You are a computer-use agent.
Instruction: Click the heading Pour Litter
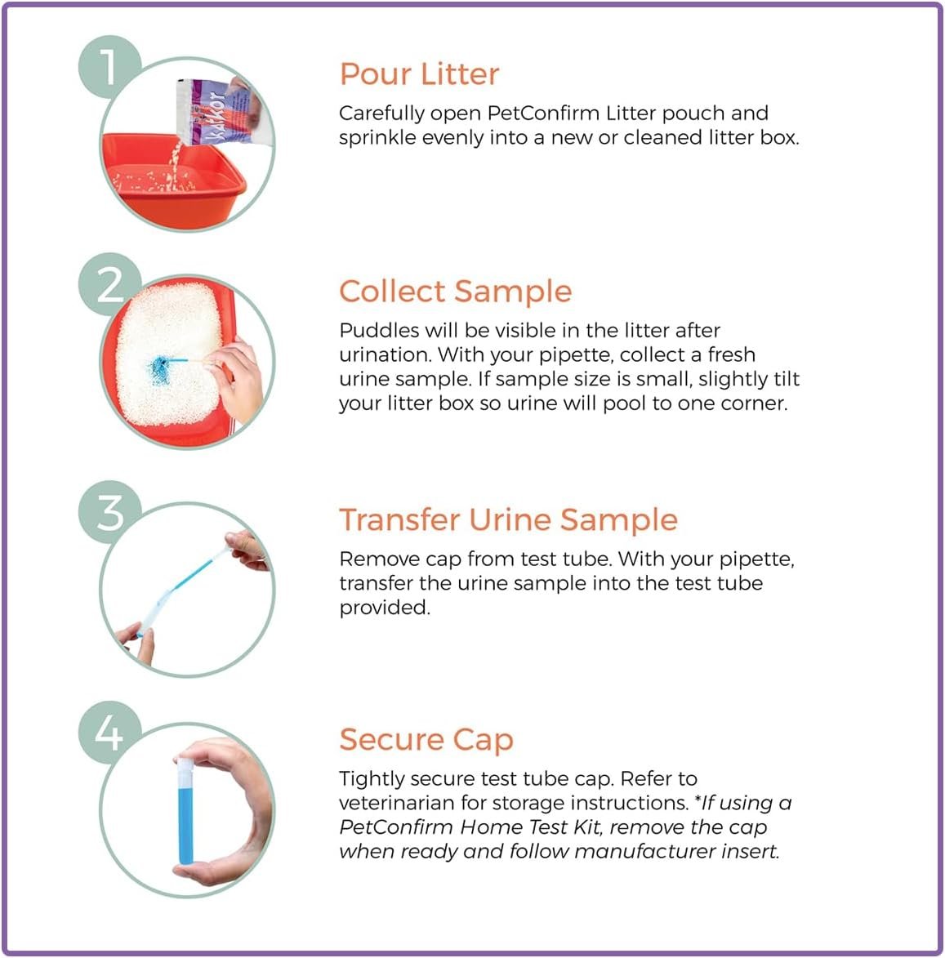click(419, 74)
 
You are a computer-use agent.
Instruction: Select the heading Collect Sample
click(455, 292)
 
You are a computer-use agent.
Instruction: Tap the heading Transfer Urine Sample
click(508, 520)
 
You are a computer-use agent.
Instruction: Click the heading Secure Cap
click(426, 740)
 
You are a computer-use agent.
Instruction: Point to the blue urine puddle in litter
click(161, 369)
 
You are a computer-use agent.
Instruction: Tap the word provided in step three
click(384, 608)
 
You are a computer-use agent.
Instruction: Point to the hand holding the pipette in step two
click(236, 379)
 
